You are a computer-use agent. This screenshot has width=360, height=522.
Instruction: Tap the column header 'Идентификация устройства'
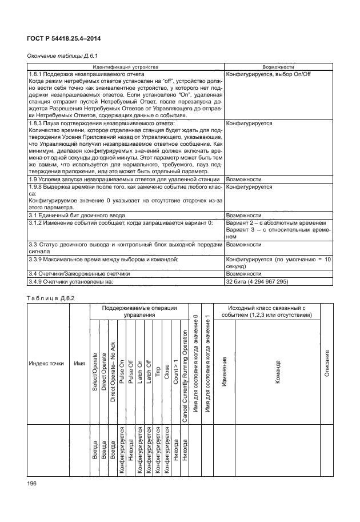coord(126,67)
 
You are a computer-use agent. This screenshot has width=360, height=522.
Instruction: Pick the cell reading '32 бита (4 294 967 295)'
coord(258,282)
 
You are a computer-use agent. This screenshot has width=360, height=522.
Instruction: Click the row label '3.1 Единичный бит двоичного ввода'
coord(75,216)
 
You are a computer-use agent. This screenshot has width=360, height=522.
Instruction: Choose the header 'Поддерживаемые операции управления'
coord(139,312)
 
